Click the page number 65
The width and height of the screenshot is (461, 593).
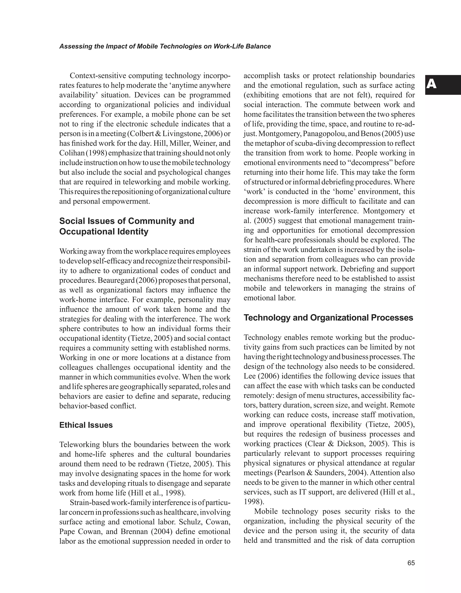pyautogui.click(x=411, y=563)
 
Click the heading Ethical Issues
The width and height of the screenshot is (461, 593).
pyautogui.click(x=86, y=425)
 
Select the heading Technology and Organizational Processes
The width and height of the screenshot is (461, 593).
pyautogui.click(x=328, y=318)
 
